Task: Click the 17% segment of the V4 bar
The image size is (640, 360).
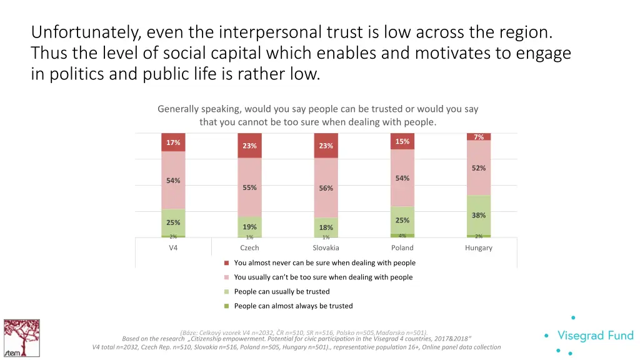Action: coord(173,142)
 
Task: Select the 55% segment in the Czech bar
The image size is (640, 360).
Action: coord(249,187)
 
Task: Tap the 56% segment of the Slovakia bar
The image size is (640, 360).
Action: coord(326,188)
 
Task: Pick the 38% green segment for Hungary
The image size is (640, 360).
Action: coord(479,215)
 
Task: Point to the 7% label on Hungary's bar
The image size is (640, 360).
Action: coord(479,137)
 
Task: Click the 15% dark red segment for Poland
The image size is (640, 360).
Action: coord(402,141)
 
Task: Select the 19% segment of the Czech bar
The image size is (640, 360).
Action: coord(249,227)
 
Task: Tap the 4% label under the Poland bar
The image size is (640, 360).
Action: coord(402,236)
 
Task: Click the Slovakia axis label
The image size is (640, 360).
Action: coord(326,248)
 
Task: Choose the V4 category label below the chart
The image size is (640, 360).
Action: coord(173,248)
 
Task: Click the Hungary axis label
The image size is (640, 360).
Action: coord(479,248)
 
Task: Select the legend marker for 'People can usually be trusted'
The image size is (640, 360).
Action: coord(227,292)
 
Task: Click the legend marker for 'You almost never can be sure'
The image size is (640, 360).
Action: coord(227,263)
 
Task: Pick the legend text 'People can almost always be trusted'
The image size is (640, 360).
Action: coord(293,306)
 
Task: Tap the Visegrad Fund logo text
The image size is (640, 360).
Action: coord(595,336)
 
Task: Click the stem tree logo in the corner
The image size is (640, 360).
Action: coord(21,337)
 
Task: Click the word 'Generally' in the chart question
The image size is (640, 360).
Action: coord(177,109)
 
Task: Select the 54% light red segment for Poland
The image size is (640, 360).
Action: coord(402,178)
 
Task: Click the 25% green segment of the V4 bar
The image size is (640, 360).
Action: coord(173,222)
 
